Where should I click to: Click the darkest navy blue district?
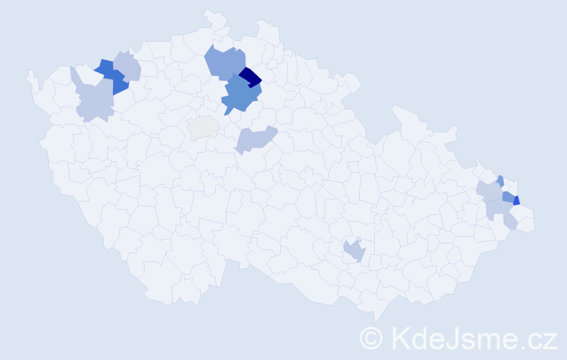point(250,76)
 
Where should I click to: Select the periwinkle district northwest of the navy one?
point(224,62)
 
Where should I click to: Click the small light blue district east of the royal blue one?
point(128,66)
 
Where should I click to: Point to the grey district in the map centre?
point(203,127)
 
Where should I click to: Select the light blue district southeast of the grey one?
point(255,138)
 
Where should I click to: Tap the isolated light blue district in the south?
point(354,250)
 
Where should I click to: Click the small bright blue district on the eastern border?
point(516,201)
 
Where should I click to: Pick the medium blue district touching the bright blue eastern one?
point(507,196)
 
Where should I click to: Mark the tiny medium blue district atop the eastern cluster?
point(500,180)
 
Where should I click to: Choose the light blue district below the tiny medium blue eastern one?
point(489,191)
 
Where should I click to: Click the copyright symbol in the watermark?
point(371,338)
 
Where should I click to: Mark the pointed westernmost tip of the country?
point(28,72)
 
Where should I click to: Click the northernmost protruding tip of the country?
point(208,12)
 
